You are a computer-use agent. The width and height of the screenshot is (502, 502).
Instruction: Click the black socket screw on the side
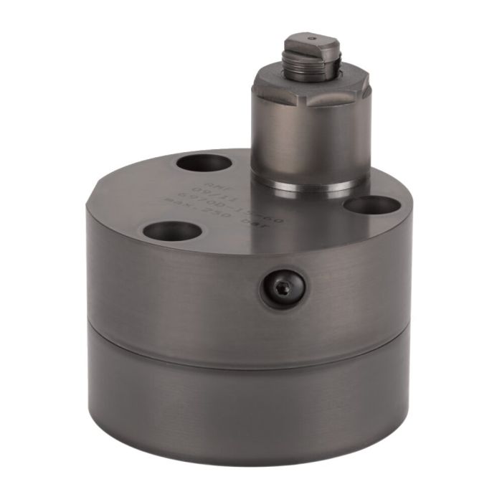(283, 288)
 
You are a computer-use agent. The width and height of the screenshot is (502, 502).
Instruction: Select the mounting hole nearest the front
(172, 231)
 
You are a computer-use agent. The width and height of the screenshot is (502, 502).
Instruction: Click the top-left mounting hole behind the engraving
(204, 163)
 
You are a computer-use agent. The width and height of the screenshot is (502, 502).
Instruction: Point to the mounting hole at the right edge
(371, 205)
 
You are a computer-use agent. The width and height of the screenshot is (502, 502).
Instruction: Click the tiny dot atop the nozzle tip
(311, 39)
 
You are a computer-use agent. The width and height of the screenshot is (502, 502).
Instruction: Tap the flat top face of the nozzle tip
(311, 42)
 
